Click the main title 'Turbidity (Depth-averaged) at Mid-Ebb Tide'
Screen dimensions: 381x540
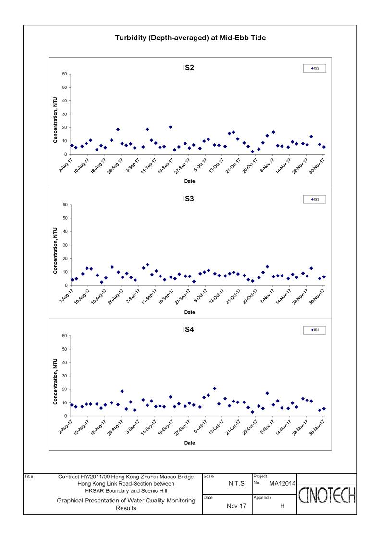click(190, 38)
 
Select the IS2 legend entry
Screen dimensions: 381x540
click(315, 69)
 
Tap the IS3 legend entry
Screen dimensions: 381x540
click(315, 200)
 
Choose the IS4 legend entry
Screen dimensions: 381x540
click(315, 330)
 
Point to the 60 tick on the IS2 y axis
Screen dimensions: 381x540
click(65, 74)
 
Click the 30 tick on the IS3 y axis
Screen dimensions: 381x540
click(65, 245)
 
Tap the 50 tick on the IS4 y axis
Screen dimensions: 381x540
click(65, 349)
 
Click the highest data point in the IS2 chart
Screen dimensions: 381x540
click(171, 127)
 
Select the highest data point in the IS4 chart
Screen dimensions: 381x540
click(215, 389)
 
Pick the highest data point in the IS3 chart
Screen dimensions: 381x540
click(147, 265)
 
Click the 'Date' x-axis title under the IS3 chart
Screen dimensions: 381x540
click(190, 313)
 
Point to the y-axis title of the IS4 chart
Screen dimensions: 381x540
click(55, 382)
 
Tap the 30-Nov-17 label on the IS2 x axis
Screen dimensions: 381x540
click(317, 165)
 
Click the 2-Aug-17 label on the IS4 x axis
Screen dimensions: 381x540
click(65, 427)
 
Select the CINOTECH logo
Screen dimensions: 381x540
click(327, 495)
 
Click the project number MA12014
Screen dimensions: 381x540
click(282, 484)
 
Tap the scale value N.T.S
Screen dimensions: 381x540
click(236, 484)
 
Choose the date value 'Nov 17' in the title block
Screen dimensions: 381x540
click(236, 506)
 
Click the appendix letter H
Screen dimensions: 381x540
click(282, 506)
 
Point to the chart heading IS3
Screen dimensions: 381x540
click(188, 199)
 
